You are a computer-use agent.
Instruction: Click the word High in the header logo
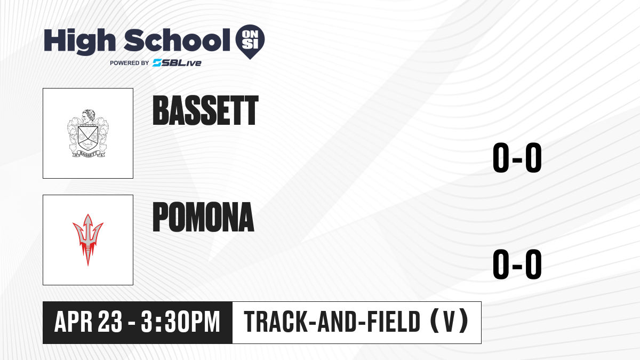coord(79,41)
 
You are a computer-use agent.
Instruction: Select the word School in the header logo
coord(177,39)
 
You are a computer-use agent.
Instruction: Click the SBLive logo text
coord(177,63)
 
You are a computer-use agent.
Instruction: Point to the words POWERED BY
coord(130,63)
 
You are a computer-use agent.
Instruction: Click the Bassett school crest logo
coord(88,133)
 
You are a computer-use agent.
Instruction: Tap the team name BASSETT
coord(205,110)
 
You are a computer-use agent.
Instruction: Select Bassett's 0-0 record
coord(517,158)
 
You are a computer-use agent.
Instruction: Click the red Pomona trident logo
coord(88,239)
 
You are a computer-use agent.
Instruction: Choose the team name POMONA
coord(203,217)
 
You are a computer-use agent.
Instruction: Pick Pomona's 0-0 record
coord(517,264)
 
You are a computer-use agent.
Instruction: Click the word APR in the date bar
coord(74,322)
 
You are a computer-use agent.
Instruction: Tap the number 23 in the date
coord(110,322)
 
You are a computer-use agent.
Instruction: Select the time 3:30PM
coord(181,322)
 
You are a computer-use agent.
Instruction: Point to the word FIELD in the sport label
coord(394,322)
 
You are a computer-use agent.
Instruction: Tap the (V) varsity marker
coord(449,322)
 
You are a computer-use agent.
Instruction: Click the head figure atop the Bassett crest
coord(88,116)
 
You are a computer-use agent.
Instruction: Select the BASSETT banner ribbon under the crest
coord(88,154)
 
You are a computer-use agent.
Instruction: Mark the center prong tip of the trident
coord(88,214)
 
